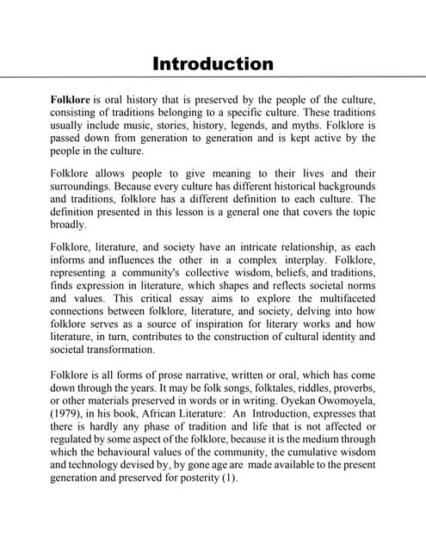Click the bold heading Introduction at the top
213,64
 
